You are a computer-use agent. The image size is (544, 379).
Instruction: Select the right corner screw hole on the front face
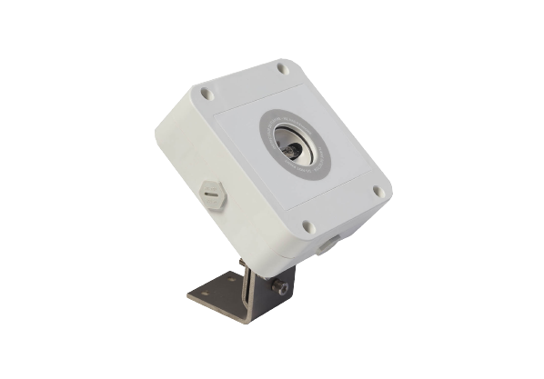[377, 191]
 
